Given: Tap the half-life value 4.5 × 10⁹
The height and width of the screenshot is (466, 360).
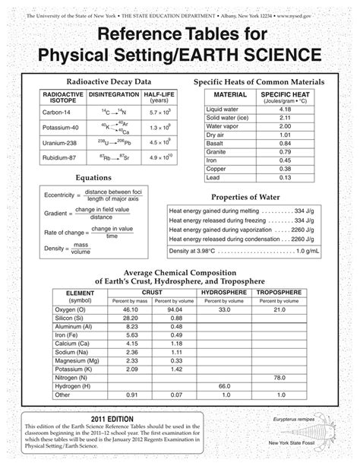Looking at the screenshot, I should point(159,141).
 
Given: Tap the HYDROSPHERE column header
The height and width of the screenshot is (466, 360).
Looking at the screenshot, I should point(224,292).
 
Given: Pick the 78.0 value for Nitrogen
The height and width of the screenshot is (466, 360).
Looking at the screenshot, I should point(279,378).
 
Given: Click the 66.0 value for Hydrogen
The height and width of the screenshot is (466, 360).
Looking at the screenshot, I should point(224,386).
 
